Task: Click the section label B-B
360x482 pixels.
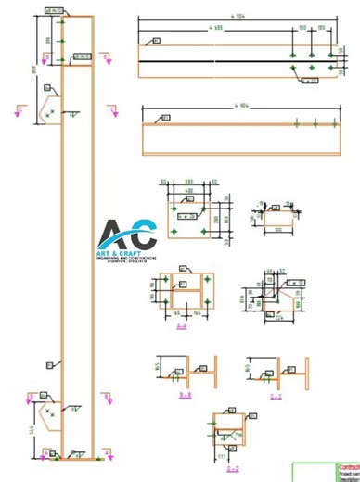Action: pos(184,396)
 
